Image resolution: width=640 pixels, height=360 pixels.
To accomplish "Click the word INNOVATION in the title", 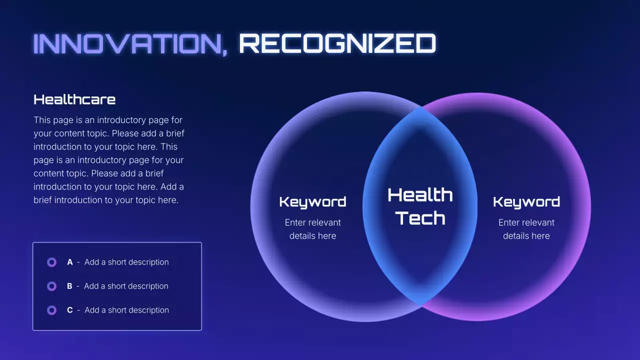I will [127, 44].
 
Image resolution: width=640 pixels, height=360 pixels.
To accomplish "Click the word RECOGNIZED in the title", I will [337, 44].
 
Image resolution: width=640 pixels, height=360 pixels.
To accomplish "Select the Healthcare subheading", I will [74, 99].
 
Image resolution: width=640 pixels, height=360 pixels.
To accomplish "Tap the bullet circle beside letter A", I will [51, 262].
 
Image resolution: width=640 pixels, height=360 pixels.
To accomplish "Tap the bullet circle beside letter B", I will [51, 286].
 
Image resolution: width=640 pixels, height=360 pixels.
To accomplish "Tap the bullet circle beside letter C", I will [51, 310].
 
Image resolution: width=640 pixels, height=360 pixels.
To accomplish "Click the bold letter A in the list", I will [70, 262].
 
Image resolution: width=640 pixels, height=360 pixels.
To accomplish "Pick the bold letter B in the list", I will [69, 286].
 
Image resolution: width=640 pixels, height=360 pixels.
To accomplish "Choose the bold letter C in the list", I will [70, 310].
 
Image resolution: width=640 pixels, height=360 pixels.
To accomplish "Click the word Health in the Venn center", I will [420, 195].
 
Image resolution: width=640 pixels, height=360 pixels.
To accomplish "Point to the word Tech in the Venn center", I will [420, 218].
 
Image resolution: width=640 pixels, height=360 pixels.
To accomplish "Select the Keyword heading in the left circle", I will [312, 202].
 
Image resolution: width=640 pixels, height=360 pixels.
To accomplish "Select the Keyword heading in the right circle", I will [526, 202].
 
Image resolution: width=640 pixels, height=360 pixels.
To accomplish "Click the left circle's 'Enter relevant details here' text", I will [312, 229].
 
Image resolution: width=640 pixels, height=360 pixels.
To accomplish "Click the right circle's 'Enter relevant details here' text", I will [526, 229].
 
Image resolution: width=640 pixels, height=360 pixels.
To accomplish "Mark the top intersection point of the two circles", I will [421, 107].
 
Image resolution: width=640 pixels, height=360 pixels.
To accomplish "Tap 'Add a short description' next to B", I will [126, 286].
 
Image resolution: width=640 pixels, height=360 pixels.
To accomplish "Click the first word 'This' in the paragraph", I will [42, 120].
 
